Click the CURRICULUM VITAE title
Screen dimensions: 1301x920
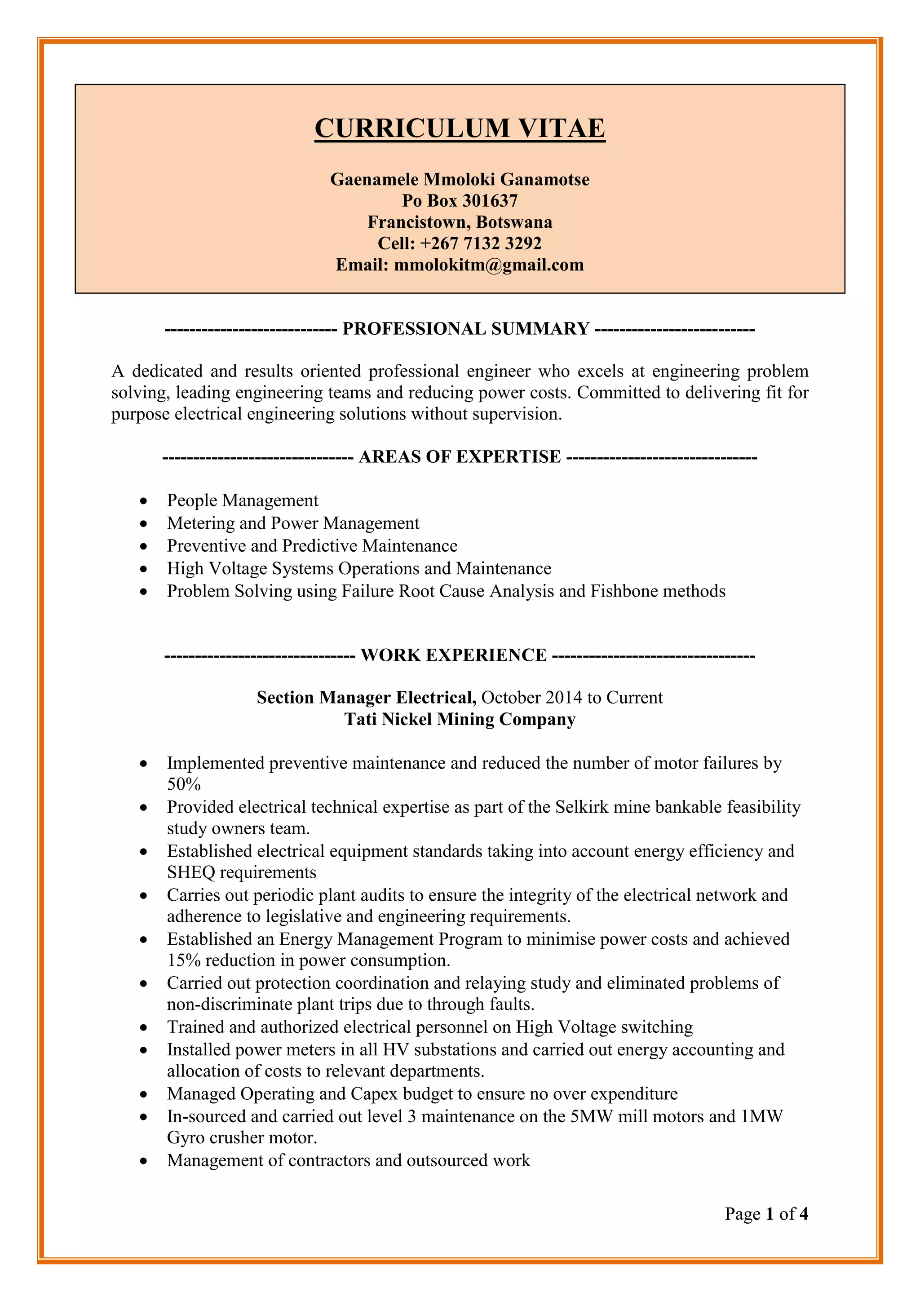[460, 128]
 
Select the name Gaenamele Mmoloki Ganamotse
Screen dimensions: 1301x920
[460, 180]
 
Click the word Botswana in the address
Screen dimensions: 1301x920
[514, 222]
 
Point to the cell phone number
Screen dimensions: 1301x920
[481, 243]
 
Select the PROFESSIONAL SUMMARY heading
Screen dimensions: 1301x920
[466, 329]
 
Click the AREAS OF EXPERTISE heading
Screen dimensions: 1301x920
[460, 457]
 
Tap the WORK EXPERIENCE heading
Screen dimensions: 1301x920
[453, 655]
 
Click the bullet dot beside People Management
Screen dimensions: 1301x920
[145, 501]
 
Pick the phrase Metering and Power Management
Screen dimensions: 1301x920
[293, 523]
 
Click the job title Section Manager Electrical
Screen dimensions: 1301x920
[366, 698]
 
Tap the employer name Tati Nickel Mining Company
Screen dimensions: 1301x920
[460, 719]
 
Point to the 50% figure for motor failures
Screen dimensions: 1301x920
[184, 784]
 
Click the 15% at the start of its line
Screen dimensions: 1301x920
[184, 960]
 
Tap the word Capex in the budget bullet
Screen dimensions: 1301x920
[375, 1093]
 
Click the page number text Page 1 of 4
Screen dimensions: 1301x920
[766, 1214]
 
